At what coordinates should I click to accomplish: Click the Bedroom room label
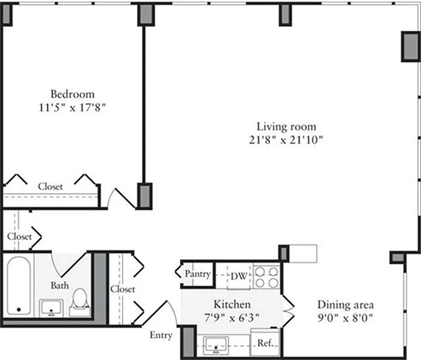(72, 94)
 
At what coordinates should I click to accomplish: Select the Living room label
(286, 126)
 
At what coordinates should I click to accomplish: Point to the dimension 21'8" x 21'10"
(286, 140)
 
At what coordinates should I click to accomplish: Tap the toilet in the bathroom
(80, 300)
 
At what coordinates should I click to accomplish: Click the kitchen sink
(216, 345)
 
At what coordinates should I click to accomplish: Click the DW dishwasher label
(239, 276)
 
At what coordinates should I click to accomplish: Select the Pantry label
(198, 274)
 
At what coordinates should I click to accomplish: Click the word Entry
(161, 335)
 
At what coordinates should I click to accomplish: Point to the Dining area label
(345, 305)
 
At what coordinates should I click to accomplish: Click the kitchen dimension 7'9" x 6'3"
(232, 318)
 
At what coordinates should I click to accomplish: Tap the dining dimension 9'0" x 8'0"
(345, 318)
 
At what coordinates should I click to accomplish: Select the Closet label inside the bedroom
(50, 186)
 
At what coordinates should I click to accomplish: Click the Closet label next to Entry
(123, 289)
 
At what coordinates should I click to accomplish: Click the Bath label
(59, 285)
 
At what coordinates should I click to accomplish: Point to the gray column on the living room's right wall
(410, 47)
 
